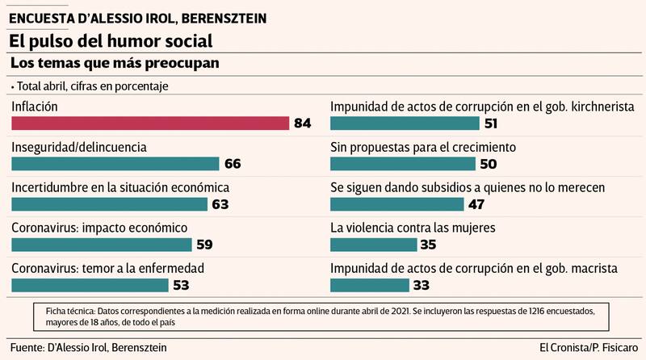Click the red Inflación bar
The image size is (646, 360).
(150, 123)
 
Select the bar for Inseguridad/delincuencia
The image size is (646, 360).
(115, 164)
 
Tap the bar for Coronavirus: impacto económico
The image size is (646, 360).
(101, 245)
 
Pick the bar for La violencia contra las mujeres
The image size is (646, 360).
(374, 245)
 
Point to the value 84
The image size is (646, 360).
(303, 123)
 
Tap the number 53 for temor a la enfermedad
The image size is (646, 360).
(181, 285)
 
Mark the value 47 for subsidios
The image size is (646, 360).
(478, 204)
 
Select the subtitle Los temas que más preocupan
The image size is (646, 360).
(115, 62)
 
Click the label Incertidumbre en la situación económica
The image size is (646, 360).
(120, 187)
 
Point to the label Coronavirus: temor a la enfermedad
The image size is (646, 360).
(107, 268)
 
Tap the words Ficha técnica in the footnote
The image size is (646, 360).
(63, 311)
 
